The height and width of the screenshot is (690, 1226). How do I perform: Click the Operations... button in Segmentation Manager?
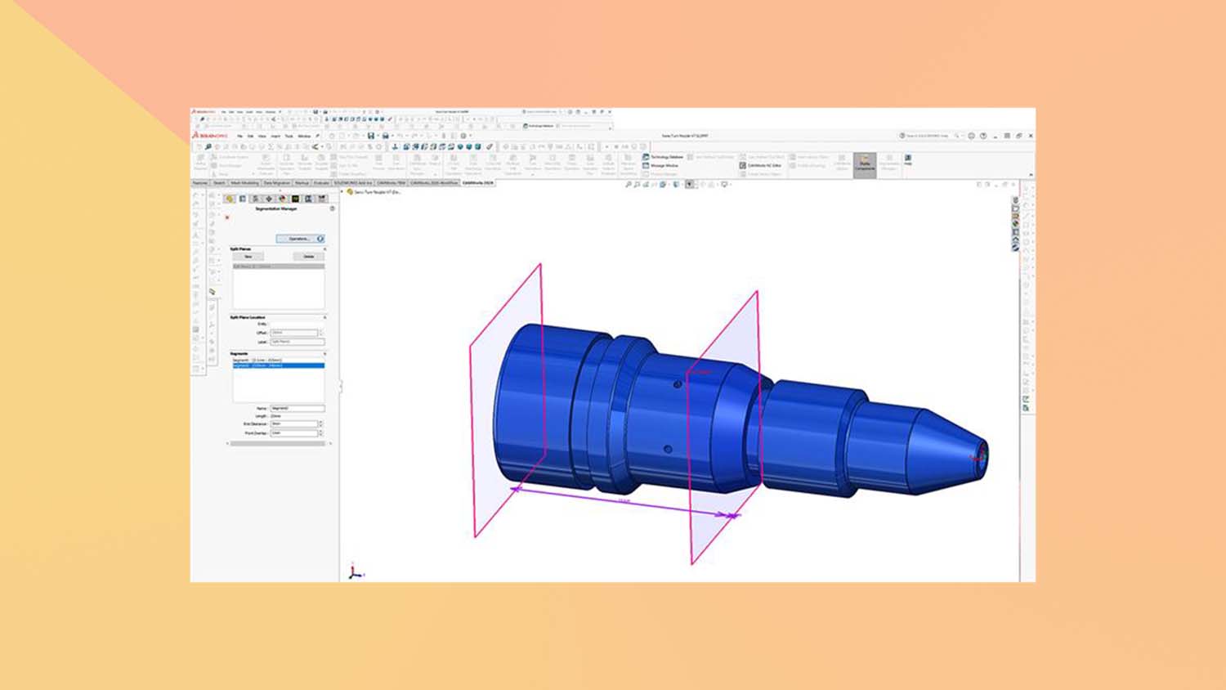tap(298, 239)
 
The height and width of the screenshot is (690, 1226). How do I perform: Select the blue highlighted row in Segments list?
tap(278, 365)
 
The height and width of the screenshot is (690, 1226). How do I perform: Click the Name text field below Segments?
tap(297, 408)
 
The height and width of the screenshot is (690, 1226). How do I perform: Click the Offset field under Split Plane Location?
tap(294, 333)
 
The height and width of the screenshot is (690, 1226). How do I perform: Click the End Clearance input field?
tap(293, 423)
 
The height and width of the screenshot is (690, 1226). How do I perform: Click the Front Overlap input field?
tap(293, 432)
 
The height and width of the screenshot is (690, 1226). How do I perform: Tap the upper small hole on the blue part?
tap(677, 384)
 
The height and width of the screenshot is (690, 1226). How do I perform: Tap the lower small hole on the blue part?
tap(668, 449)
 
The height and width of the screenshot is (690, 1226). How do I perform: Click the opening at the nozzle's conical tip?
tap(982, 455)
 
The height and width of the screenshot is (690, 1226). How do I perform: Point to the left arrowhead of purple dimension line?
tap(516, 489)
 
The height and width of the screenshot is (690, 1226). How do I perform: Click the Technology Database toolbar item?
tap(664, 157)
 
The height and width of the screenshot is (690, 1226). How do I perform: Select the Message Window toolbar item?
tap(661, 166)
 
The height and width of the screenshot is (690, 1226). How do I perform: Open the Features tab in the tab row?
tap(200, 183)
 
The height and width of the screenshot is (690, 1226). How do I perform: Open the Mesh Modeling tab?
tap(244, 183)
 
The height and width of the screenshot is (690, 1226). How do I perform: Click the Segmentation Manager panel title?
tap(276, 209)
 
